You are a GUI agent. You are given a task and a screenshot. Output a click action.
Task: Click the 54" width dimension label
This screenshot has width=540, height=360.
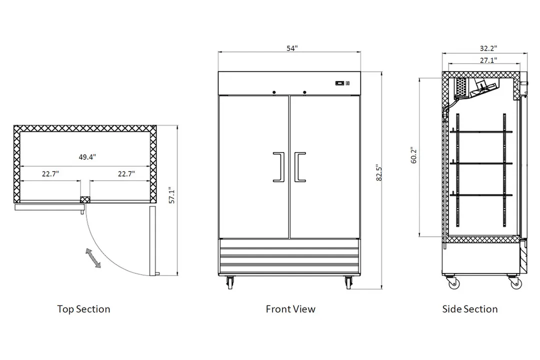click(292, 48)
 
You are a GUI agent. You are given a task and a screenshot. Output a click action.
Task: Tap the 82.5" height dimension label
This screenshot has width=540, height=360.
click(379, 172)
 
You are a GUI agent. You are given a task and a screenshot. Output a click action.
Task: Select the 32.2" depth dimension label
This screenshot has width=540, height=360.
click(488, 48)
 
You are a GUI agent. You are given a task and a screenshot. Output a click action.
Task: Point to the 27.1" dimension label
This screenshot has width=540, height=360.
click(488, 60)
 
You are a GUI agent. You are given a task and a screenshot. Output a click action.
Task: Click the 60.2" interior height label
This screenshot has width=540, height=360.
click(414, 155)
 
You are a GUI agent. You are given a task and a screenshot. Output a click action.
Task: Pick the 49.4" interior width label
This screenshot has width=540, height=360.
click(87, 157)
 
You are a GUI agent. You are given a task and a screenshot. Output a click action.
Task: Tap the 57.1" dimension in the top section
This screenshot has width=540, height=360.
click(172, 195)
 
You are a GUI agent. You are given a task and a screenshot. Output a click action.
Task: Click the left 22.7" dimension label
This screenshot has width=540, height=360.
click(50, 174)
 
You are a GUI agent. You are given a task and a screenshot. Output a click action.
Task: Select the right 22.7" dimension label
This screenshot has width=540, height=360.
click(126, 174)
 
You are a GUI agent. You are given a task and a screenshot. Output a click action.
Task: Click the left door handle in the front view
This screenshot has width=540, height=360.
click(279, 166)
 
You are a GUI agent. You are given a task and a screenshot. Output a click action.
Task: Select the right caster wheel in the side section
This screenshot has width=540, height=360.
click(516, 283)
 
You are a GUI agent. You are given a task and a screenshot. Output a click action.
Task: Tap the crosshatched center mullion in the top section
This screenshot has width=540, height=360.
click(84, 199)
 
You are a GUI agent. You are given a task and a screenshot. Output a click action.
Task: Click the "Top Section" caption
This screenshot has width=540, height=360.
click(83, 309)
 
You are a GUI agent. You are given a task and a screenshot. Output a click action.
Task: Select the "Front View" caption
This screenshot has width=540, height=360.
click(290, 309)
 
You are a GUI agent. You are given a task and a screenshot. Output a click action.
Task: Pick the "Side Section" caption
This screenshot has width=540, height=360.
click(470, 309)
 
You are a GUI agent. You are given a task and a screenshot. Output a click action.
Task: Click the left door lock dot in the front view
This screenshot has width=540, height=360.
click(274, 92)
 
